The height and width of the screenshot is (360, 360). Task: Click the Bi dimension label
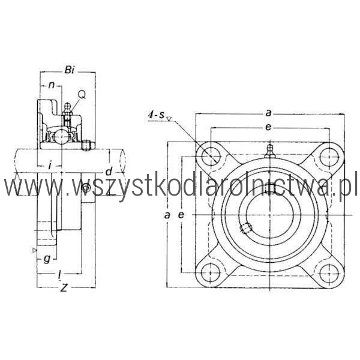pyautogui.click(x=70, y=70)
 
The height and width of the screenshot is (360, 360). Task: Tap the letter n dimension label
pyautogui.click(x=52, y=85)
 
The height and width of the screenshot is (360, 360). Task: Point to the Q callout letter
pyautogui.click(x=82, y=94)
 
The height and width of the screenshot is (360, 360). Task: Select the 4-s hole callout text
pyautogui.click(x=157, y=115)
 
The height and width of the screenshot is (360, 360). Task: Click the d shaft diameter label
pyautogui.click(x=109, y=171)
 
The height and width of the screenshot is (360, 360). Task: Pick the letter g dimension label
pyautogui.click(x=47, y=259)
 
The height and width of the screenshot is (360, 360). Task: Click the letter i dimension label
pyautogui.click(x=49, y=165)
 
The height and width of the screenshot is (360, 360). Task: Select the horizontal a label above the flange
pyautogui.click(x=268, y=113)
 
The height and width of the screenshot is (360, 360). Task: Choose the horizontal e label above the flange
pyautogui.click(x=268, y=127)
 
